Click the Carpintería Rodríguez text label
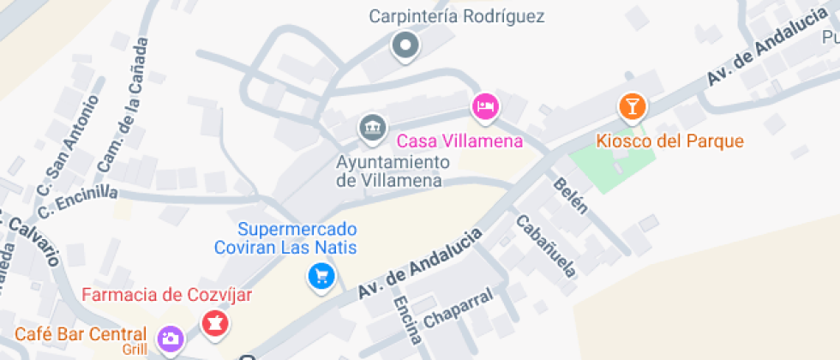[457, 16]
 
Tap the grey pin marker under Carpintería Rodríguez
[405, 45]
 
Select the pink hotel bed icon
[486, 106]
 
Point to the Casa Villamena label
[459, 140]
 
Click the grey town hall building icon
[371, 128]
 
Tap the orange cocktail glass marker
[633, 106]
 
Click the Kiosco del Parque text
[670, 141]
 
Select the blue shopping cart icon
[321, 276]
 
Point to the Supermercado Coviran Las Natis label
[297, 238]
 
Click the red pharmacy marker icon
[213, 323]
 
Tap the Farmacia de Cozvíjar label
[167, 296]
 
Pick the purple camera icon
[170, 339]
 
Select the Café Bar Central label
[81, 333]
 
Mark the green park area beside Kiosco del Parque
[611, 165]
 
